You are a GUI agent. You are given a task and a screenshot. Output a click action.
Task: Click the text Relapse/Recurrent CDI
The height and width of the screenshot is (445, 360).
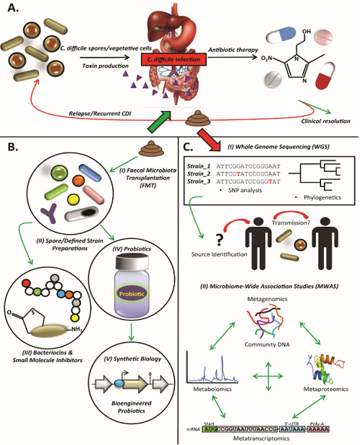tap(99, 113)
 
